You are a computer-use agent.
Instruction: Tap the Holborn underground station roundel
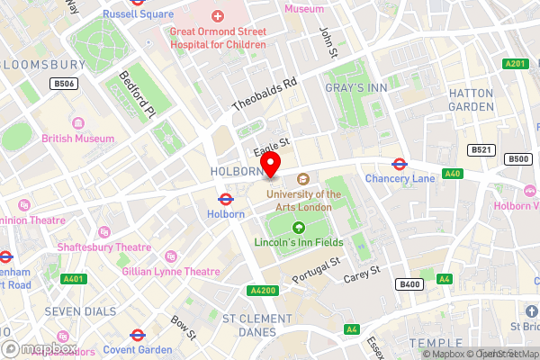click(x=226, y=199)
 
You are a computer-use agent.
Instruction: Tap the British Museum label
click(x=78, y=139)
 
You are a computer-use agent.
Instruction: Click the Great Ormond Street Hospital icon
click(x=218, y=16)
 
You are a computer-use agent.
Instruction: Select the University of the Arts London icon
click(x=303, y=178)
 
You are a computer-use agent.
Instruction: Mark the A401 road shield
click(x=74, y=279)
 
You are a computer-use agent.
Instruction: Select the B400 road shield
click(x=409, y=284)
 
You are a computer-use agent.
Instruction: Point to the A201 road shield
click(x=516, y=64)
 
